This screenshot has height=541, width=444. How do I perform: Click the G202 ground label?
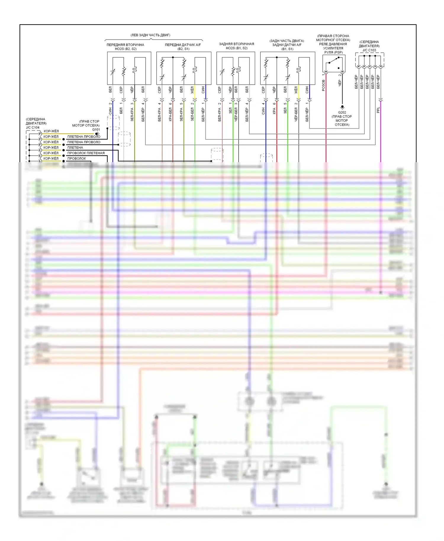(342, 112)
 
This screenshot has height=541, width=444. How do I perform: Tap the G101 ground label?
(96, 130)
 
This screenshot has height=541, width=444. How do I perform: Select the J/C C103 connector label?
(369, 50)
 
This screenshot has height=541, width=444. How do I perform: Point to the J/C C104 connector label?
(33, 128)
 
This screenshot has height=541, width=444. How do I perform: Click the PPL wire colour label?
(378, 110)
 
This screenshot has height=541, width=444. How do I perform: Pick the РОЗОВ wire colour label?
(323, 85)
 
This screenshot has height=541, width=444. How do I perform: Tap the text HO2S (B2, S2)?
(126, 49)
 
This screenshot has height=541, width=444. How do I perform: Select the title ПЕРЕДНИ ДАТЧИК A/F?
(183, 45)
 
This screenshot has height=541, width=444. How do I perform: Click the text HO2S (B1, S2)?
(237, 48)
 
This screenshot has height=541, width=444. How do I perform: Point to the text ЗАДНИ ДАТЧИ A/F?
(287, 45)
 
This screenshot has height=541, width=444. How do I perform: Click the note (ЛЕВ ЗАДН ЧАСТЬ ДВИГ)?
(150, 35)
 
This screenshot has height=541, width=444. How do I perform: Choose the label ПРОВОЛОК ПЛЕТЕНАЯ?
(86, 153)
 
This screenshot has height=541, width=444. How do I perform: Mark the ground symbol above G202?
(342, 107)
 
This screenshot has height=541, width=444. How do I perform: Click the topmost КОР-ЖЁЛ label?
(51, 131)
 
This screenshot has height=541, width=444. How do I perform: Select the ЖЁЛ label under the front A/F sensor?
(192, 90)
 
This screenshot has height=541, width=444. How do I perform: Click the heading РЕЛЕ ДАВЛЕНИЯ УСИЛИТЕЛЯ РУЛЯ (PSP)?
(333, 48)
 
